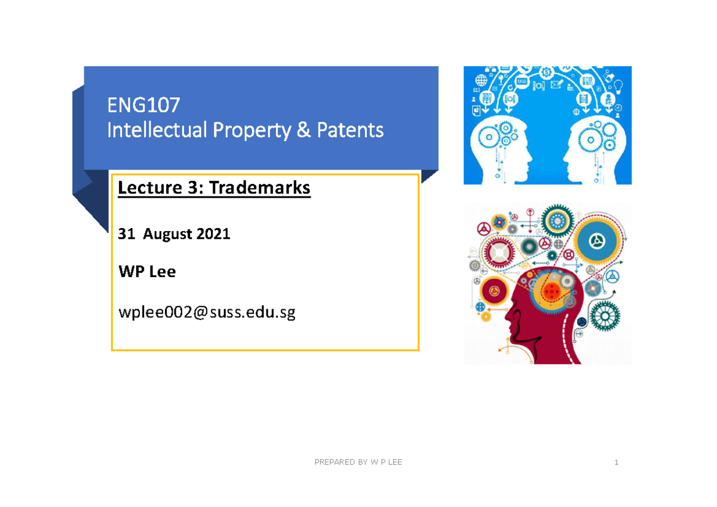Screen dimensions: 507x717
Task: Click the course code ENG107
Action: (143, 106)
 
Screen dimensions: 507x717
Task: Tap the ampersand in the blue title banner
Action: (303, 130)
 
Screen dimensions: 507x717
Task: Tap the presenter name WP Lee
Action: (147, 272)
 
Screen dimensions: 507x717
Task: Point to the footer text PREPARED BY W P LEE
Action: (358, 462)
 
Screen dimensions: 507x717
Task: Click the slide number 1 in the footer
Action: (616, 462)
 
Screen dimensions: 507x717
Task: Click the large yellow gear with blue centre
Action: (595, 241)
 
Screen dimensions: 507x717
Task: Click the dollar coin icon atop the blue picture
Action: (546, 72)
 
